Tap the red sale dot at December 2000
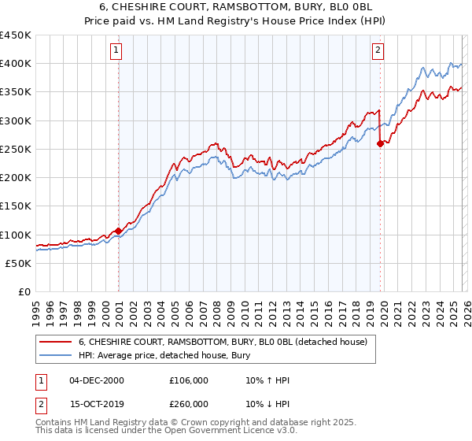pos(119,231)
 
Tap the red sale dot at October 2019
pos(381,143)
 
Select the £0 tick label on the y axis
pos(24,291)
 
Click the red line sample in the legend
pos(56,342)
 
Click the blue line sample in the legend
pos(56,355)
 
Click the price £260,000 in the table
pos(189,404)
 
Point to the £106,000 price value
pos(189,380)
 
